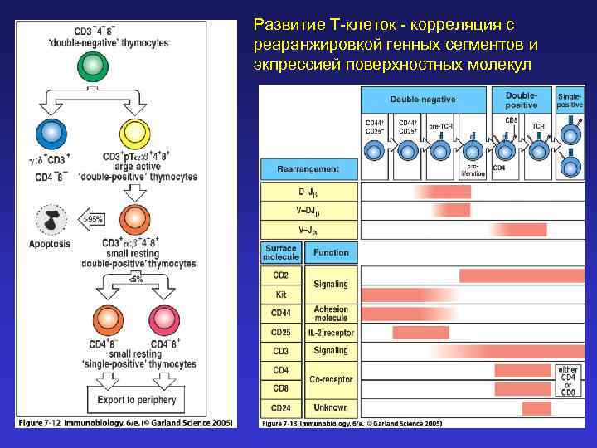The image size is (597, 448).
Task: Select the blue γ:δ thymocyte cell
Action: [x=51, y=133]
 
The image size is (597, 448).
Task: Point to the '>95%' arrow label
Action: [x=93, y=220]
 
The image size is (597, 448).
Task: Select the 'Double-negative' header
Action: [x=423, y=99]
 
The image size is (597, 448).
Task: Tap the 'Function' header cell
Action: [x=331, y=252]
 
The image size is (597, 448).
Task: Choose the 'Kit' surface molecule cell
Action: [x=281, y=294]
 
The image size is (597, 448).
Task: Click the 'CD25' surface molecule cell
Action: [x=281, y=333]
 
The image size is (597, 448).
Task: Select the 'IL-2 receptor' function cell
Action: [x=331, y=333]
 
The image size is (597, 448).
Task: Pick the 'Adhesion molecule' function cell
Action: [x=331, y=314]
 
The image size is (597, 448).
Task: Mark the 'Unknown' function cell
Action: [x=331, y=407]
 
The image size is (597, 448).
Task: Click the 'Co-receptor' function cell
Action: [x=331, y=379]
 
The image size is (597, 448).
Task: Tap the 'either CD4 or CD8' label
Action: [x=568, y=379]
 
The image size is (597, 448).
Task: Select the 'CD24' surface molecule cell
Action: [x=281, y=407]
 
